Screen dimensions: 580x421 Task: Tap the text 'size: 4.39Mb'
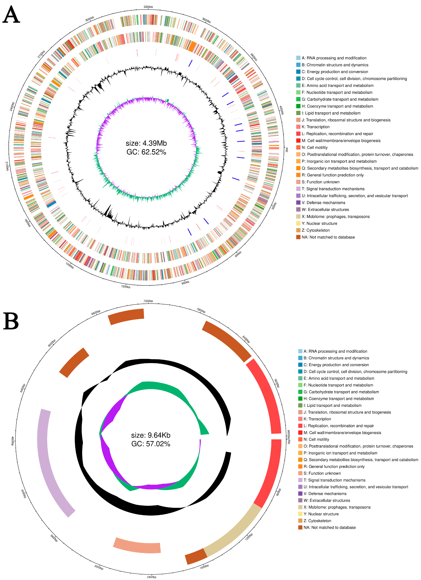(x=146, y=143)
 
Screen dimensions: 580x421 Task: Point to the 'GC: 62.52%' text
(x=146, y=152)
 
